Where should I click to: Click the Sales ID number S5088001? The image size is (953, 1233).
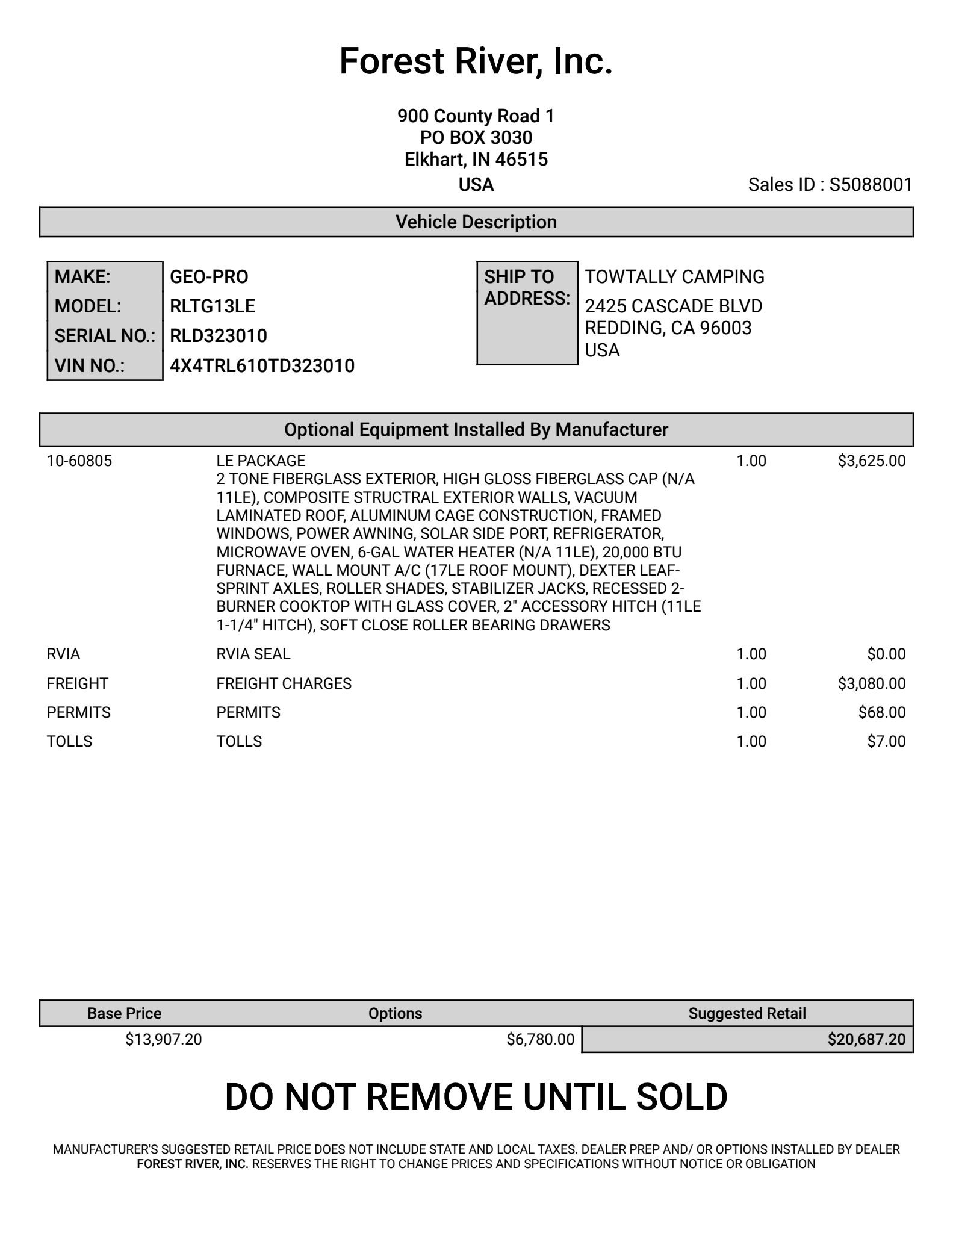(x=871, y=185)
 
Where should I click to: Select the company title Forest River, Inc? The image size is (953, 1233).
(x=476, y=61)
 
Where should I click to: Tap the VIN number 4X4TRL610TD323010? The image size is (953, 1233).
(x=262, y=366)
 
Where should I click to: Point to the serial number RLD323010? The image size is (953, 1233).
(x=218, y=336)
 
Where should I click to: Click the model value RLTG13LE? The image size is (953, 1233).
(x=213, y=306)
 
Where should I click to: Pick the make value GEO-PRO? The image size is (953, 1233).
(x=209, y=277)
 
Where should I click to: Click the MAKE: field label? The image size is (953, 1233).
(x=82, y=277)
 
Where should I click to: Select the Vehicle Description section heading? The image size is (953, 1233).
(x=476, y=222)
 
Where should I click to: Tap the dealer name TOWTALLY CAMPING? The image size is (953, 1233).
(x=674, y=277)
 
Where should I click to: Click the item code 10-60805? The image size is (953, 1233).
(x=79, y=461)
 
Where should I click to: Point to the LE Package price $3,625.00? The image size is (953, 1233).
(x=871, y=461)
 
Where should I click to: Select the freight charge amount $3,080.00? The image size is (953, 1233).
(x=871, y=683)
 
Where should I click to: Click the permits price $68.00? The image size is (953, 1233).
(x=881, y=712)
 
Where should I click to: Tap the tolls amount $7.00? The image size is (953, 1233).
(x=886, y=741)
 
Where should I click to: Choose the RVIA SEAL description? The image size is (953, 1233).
(x=253, y=654)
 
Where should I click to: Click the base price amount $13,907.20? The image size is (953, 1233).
(x=163, y=1039)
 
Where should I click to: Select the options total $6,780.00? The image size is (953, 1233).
(x=540, y=1039)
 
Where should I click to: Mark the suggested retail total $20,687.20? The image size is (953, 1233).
(x=866, y=1039)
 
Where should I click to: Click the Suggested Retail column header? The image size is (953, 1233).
(x=747, y=1013)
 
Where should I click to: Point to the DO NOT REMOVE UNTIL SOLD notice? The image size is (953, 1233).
(x=476, y=1097)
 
